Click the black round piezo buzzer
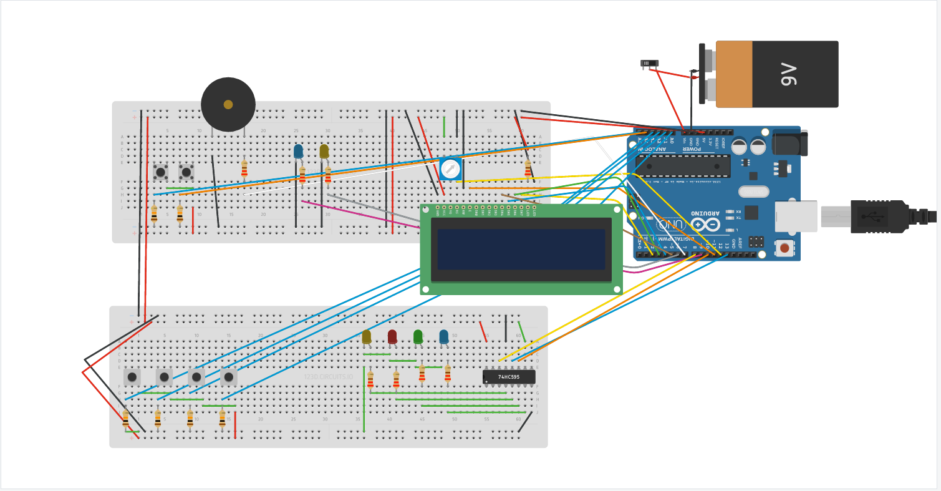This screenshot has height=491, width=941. (x=228, y=104)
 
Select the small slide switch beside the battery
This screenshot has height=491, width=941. (x=650, y=63)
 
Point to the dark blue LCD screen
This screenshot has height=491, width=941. (x=521, y=249)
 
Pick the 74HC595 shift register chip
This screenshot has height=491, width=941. (x=509, y=377)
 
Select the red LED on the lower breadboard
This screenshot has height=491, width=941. (x=392, y=337)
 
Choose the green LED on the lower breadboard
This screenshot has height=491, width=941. (x=418, y=337)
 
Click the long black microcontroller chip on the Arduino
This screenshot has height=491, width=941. (x=682, y=166)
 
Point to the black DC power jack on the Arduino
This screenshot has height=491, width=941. (x=789, y=143)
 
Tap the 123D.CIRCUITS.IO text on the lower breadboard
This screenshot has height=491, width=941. (x=329, y=377)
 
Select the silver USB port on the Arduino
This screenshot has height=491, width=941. (x=796, y=216)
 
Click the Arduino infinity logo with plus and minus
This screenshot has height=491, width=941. (x=705, y=224)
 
